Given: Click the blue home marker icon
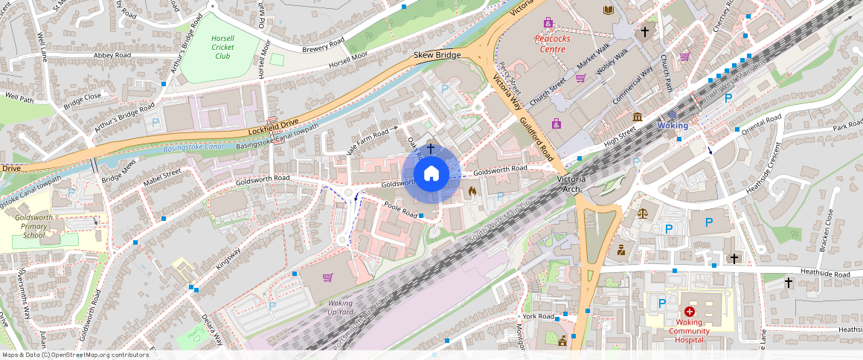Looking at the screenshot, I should click(431, 174).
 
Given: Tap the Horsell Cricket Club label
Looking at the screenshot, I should click(222, 47).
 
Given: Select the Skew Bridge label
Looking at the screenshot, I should click(437, 55).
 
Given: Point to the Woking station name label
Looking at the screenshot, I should click(673, 126).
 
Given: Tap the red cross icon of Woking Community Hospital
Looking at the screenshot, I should click(690, 312).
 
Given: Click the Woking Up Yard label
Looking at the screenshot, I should click(340, 307).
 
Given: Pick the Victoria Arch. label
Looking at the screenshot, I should click(571, 185).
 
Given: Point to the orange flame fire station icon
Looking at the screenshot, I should click(472, 191).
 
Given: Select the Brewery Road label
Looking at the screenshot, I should click(323, 45).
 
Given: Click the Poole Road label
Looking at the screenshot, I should click(400, 210).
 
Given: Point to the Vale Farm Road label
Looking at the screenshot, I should click(368, 137).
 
